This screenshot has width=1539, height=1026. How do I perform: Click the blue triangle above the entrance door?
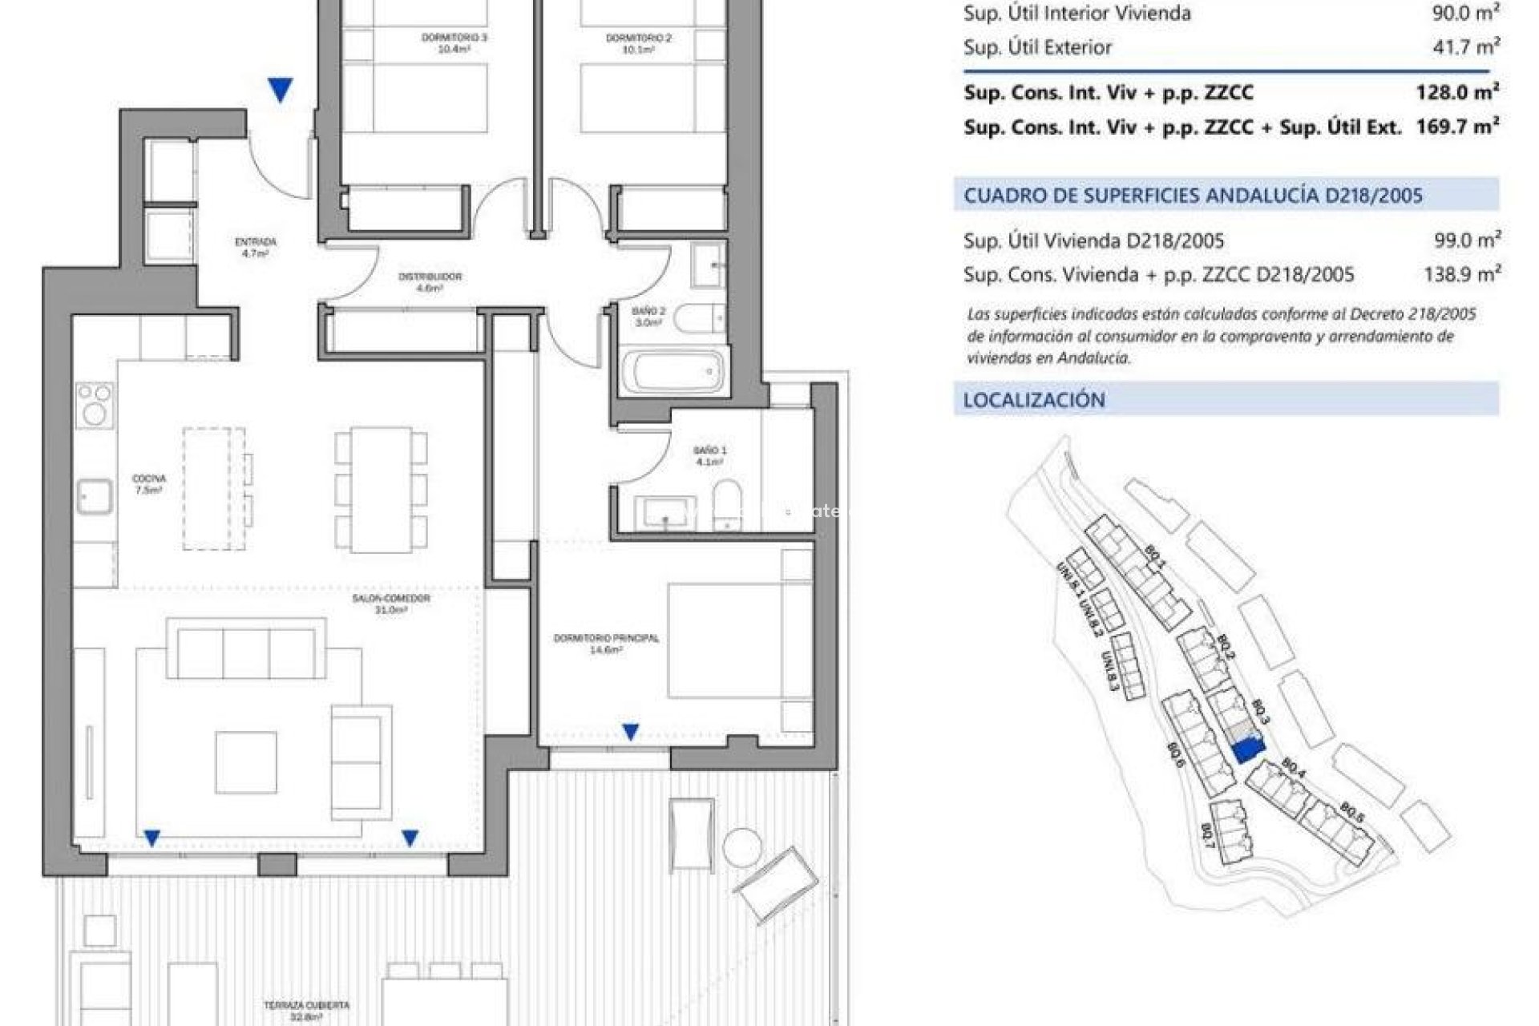(x=280, y=89)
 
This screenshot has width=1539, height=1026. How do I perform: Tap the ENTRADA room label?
(x=256, y=247)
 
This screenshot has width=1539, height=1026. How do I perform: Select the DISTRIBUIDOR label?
(x=430, y=281)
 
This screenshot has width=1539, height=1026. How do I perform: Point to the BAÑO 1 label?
(x=710, y=455)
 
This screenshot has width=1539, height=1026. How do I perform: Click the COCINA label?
(x=149, y=484)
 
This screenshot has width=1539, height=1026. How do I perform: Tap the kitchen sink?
(x=95, y=497)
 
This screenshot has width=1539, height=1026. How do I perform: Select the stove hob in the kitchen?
(x=95, y=405)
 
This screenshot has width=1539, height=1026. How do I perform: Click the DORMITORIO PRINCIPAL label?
(x=606, y=644)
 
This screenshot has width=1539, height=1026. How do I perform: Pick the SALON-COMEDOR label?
(x=391, y=604)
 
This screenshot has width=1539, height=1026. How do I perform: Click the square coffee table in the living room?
(x=246, y=762)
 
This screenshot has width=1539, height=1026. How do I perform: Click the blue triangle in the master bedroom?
(x=631, y=731)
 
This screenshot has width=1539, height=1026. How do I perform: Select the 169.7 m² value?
(x=1456, y=127)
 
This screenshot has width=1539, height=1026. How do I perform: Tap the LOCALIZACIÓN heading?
(x=1034, y=400)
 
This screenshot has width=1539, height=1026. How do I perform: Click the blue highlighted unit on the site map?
(x=1246, y=749)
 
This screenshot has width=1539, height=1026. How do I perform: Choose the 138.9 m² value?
(x=1461, y=275)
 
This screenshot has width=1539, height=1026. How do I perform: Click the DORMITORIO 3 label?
(x=454, y=42)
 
